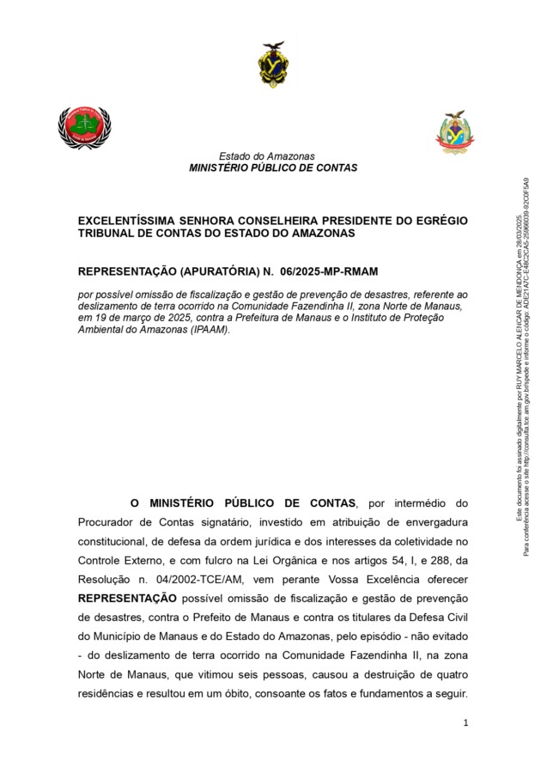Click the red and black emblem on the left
point(84,127)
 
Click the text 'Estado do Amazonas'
point(266,156)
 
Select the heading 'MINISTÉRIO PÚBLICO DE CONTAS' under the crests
point(273,168)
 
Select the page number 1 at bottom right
point(465,723)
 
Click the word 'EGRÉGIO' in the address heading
point(440,221)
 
